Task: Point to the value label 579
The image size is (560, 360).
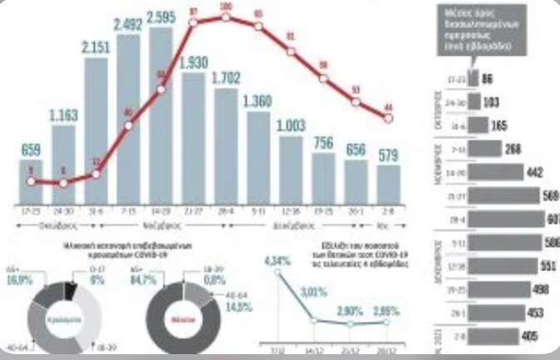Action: point(387,155)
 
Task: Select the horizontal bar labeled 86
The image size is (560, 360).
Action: point(474,77)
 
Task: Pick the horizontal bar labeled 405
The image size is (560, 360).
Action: point(490,336)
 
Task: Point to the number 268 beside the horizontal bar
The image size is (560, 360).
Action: point(513,148)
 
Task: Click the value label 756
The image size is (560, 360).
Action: point(323,142)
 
